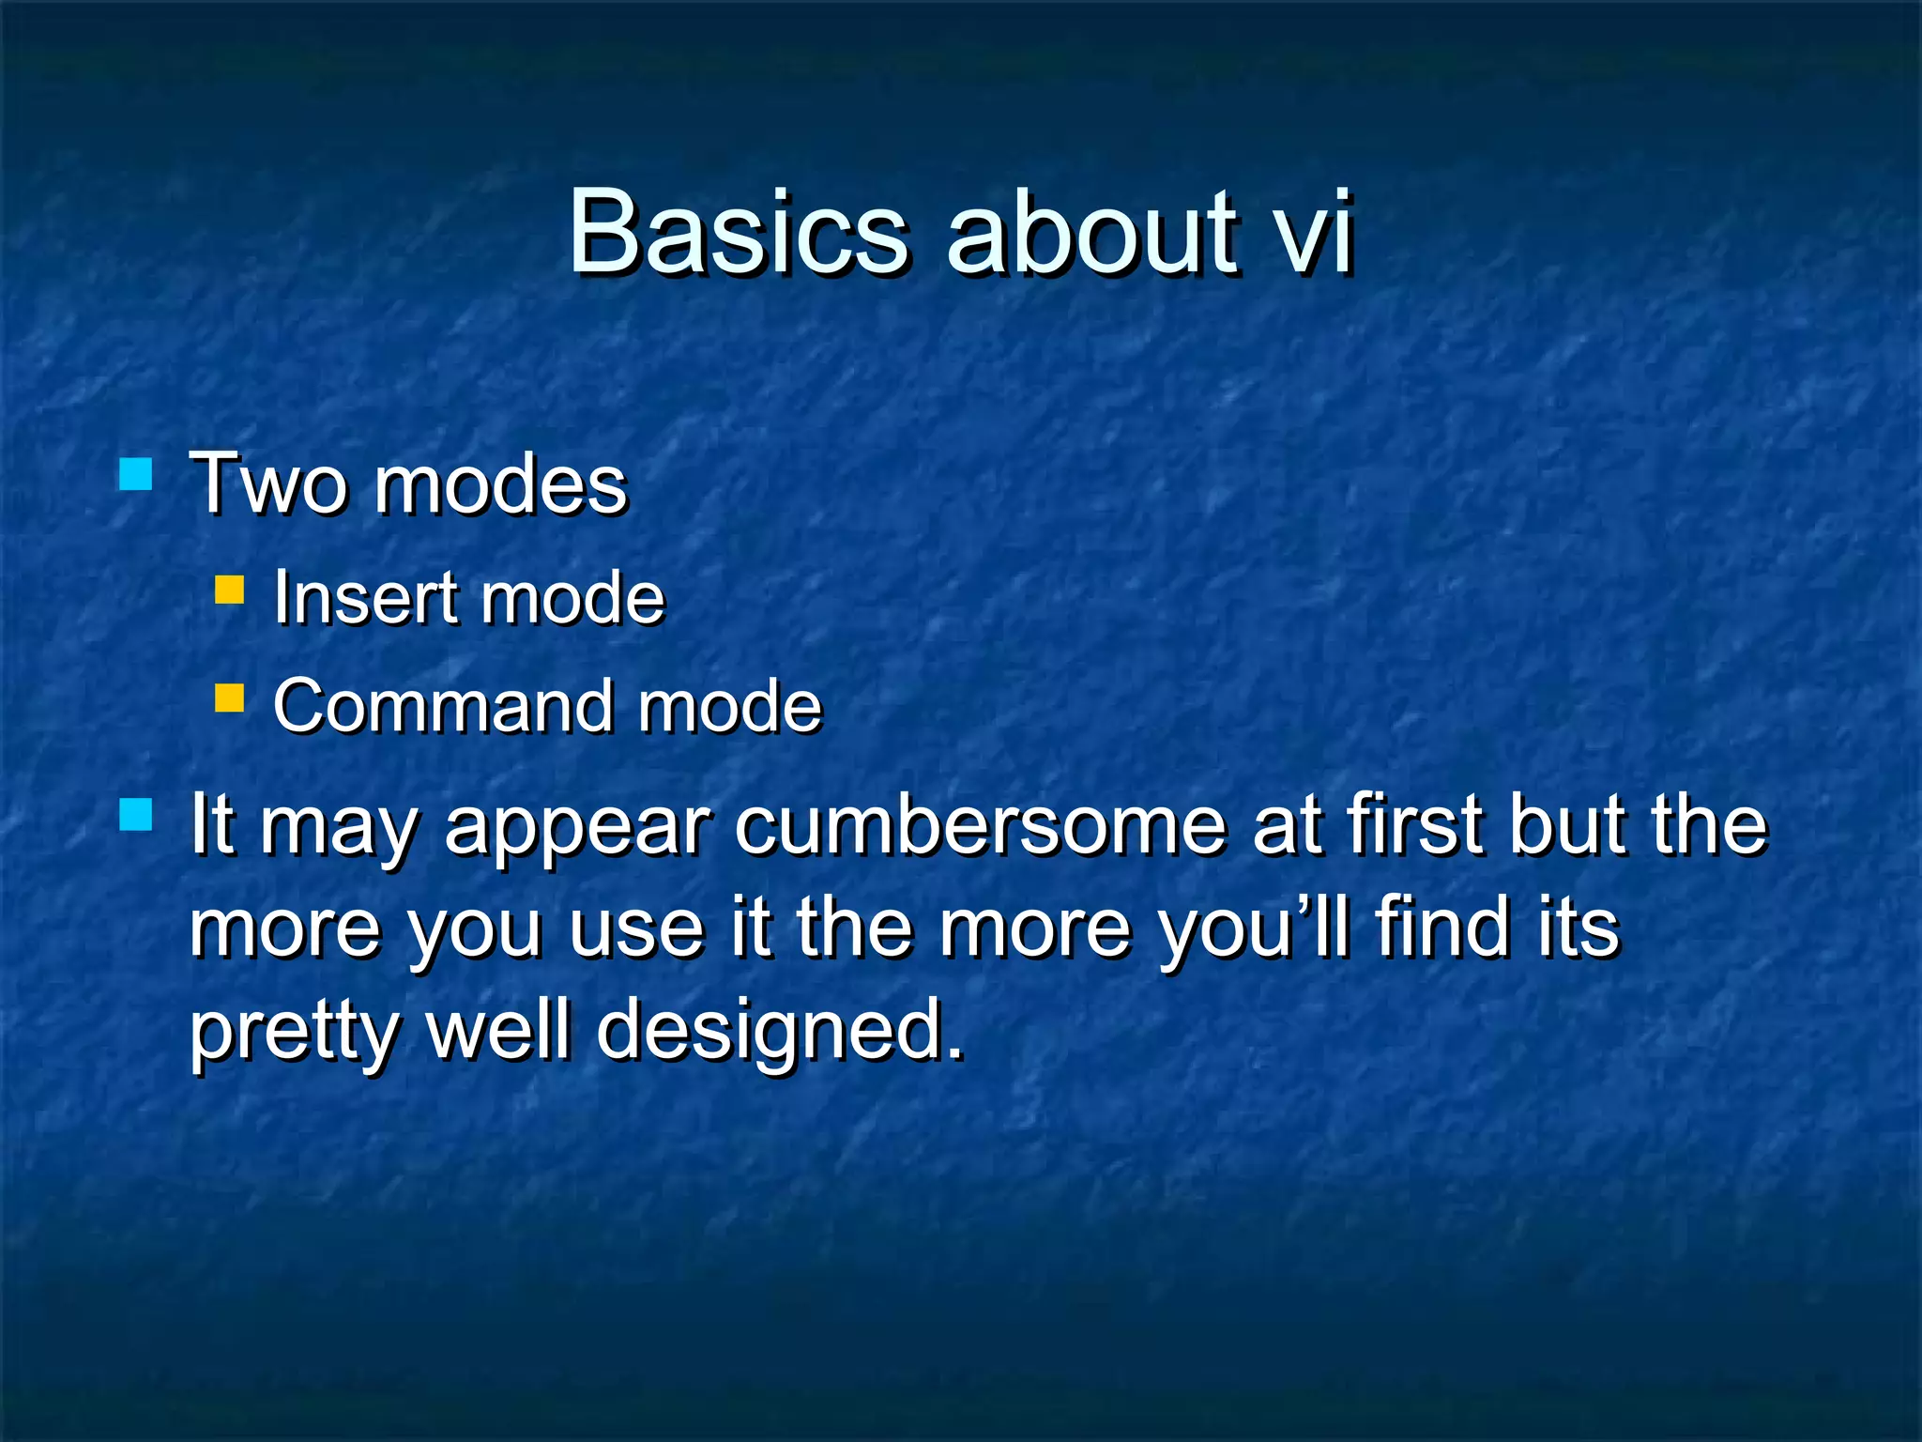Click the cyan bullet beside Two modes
136,474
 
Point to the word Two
268,484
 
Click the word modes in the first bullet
500,484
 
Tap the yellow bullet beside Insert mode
229,590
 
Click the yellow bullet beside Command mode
229,698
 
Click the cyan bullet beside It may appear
136,815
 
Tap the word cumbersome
980,825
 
